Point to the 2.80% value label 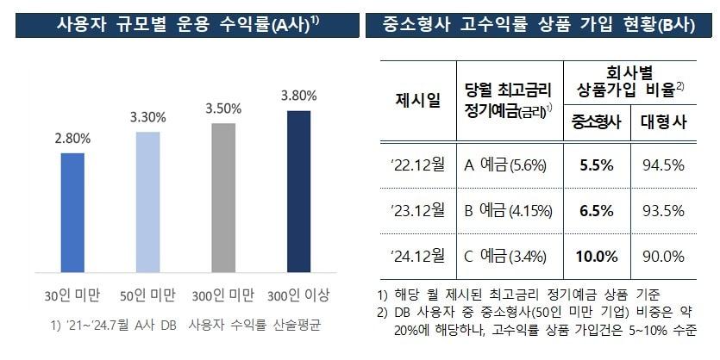(72, 139)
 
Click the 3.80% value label (298, 95)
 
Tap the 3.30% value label (148, 116)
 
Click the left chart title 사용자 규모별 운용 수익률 (179, 23)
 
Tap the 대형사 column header (663, 123)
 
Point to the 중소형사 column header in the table (597, 123)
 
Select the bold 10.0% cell (597, 256)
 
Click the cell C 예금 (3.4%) (509, 256)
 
